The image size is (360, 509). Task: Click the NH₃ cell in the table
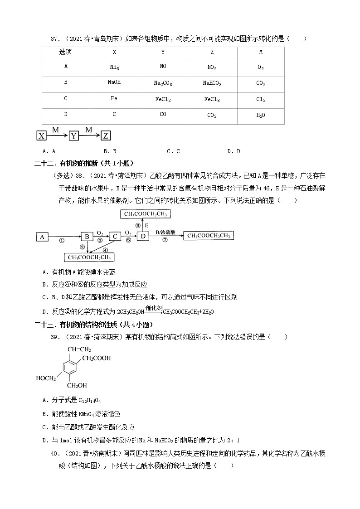114,68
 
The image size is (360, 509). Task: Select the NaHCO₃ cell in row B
212,83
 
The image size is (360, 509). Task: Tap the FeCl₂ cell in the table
163,99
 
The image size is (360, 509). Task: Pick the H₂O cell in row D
261,115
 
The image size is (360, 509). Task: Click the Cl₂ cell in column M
261,99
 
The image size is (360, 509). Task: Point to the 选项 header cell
66,52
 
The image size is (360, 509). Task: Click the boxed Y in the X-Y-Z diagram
73,136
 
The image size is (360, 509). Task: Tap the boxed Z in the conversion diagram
105,136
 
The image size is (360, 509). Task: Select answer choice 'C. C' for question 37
173,151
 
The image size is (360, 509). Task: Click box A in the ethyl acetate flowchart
42,236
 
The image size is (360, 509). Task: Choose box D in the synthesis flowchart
143,236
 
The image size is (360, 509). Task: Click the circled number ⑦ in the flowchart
165,241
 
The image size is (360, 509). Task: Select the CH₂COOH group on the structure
96,359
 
